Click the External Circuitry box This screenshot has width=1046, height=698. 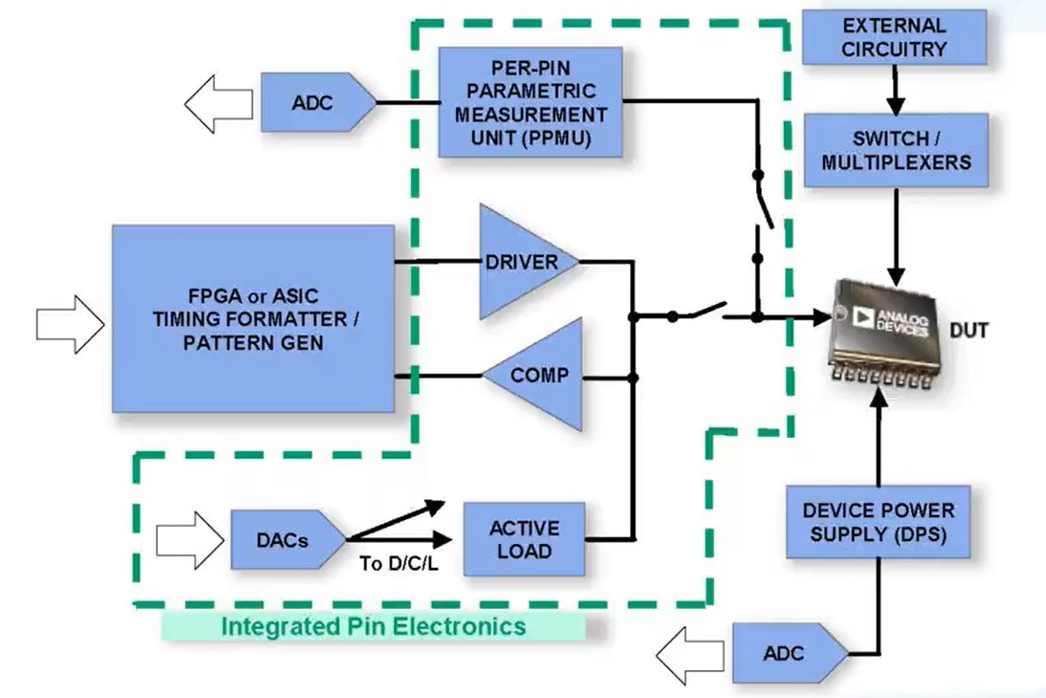(x=894, y=37)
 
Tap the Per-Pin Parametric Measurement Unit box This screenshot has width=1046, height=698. (x=530, y=101)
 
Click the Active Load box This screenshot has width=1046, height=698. (x=524, y=539)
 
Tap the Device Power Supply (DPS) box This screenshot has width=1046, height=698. (x=877, y=521)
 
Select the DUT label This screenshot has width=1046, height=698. (x=969, y=331)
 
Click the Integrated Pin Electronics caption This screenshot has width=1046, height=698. (x=373, y=626)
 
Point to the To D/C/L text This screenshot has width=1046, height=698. (x=399, y=563)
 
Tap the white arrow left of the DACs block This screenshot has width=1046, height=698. (x=186, y=538)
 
